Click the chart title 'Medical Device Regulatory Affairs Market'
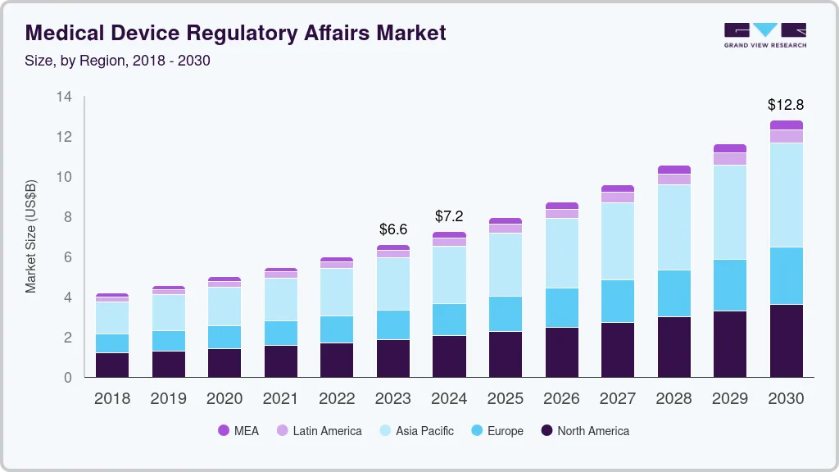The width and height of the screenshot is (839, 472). (236, 33)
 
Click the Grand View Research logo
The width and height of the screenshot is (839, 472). (764, 34)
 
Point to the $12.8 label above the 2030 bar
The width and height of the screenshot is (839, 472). (786, 105)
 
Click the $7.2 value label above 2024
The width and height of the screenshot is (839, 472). (449, 216)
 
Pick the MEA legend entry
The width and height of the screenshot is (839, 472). (238, 430)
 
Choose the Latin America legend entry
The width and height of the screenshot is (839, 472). (319, 430)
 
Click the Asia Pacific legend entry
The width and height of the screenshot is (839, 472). (415, 430)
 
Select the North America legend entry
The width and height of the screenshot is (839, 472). (584, 430)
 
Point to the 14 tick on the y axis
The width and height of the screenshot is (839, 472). (64, 97)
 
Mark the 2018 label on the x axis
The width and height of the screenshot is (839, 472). (112, 399)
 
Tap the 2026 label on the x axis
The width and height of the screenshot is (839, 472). (561, 399)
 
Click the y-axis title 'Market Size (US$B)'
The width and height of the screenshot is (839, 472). (31, 236)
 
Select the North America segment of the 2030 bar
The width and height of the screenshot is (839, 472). (786, 341)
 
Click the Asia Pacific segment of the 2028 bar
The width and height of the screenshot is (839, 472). (673, 227)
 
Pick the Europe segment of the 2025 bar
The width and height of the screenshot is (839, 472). (506, 314)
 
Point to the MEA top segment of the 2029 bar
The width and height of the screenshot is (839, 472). (729, 148)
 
